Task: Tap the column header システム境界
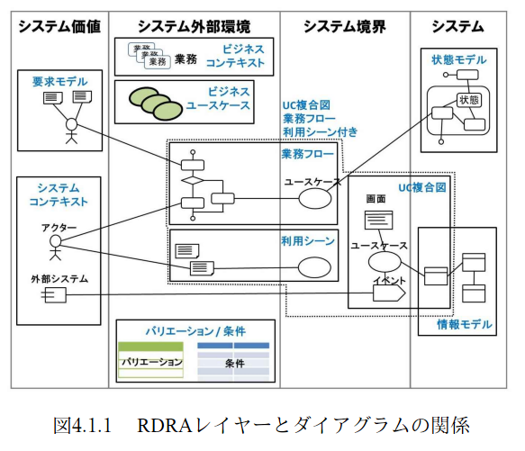point(344,26)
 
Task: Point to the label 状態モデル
point(459,60)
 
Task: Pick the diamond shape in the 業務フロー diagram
point(191,182)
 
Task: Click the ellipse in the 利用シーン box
point(315,267)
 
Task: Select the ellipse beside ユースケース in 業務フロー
point(315,196)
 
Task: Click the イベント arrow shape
point(385,293)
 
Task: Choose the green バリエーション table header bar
point(151,346)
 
